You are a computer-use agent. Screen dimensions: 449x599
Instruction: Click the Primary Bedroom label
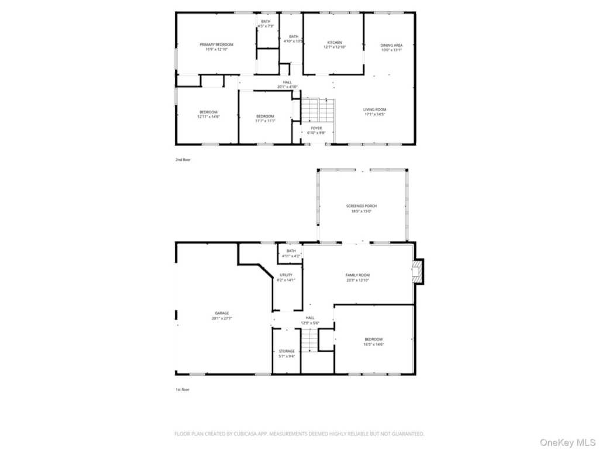click(216, 45)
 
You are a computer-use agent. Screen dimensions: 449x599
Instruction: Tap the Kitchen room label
click(335, 43)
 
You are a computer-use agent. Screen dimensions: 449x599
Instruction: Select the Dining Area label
click(391, 45)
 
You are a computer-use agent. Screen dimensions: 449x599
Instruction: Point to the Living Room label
click(375, 110)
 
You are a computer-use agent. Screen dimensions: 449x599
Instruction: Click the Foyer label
click(316, 128)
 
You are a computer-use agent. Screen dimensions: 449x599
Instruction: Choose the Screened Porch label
click(362, 206)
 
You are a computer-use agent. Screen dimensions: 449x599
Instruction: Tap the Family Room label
click(357, 275)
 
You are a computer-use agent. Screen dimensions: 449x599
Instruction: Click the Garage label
click(221, 313)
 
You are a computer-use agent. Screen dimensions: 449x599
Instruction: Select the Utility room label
click(286, 275)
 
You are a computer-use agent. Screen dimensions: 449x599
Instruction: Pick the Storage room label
click(287, 351)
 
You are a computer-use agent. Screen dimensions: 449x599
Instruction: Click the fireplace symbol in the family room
click(416, 272)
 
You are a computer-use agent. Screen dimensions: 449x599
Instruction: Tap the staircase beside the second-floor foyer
click(318, 110)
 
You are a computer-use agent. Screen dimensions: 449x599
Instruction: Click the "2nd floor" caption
click(183, 159)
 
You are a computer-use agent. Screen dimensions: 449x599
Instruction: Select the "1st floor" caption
click(183, 389)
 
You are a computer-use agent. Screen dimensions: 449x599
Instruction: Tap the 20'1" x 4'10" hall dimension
click(287, 87)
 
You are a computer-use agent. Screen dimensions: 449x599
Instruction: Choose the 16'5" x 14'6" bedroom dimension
click(374, 344)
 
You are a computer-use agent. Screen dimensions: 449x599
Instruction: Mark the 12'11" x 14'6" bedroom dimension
click(208, 117)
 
